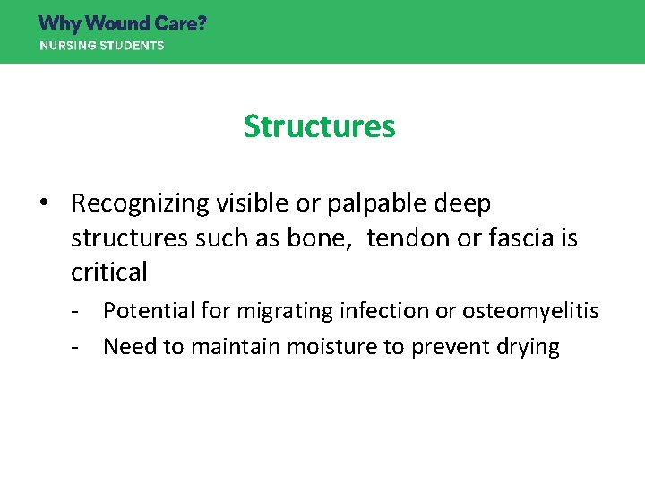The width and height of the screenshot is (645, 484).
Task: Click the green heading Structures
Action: pyautogui.click(x=319, y=126)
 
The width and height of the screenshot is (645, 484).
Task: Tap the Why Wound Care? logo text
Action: pyautogui.click(x=122, y=23)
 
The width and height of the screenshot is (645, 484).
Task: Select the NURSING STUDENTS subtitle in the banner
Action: pyautogui.click(x=101, y=46)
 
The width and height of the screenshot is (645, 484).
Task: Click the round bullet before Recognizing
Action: pyautogui.click(x=44, y=204)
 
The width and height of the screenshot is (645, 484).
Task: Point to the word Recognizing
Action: pyautogui.click(x=141, y=204)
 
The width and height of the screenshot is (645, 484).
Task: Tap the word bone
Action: pyautogui.click(x=329, y=238)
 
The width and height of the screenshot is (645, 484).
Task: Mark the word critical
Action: pyautogui.click(x=108, y=272)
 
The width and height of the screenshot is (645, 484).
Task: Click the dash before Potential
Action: pyautogui.click(x=80, y=311)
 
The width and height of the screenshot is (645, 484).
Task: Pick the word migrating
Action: pyautogui.click(x=282, y=311)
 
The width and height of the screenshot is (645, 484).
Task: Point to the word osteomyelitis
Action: pyautogui.click(x=530, y=311)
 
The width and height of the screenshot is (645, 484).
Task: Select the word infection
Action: pyautogui.click(x=384, y=311)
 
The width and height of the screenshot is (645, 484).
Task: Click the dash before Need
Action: pyautogui.click(x=80, y=347)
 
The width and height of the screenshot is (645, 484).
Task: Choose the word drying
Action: pyautogui.click(x=525, y=347)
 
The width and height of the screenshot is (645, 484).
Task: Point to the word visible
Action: pyautogui.click(x=251, y=204)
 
